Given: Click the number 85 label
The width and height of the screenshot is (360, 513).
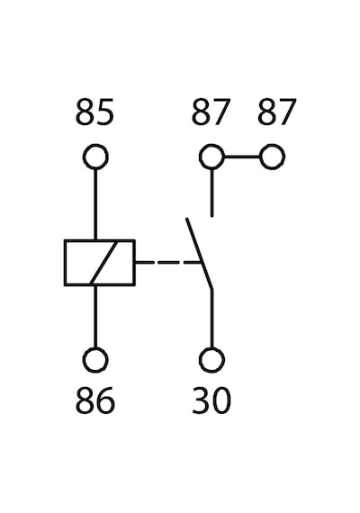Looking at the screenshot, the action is coord(94,112).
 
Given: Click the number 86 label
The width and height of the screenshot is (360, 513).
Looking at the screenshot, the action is coord(95,400).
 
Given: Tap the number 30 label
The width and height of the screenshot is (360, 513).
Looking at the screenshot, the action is coord(211,400).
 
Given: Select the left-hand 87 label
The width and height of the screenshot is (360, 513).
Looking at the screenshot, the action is coord(211,112).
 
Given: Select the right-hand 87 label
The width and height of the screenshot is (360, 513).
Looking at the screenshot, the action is coord(277,112).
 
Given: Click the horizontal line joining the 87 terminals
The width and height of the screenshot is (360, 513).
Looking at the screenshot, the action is coord(242,157).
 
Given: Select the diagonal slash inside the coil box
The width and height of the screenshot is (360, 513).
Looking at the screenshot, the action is coord(103,263).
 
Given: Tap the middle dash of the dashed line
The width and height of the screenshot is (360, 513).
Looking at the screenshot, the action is coord(168,263).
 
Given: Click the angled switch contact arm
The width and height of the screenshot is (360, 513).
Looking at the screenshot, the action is coord(199,254).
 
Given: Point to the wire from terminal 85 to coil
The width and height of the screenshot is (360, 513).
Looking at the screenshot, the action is coord(95,204).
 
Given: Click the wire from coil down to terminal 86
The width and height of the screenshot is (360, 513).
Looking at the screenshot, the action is coord(95,317).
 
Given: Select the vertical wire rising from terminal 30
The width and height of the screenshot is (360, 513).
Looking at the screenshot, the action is coord(212,319).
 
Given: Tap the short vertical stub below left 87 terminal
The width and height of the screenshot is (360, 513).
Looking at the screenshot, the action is coord(212,193).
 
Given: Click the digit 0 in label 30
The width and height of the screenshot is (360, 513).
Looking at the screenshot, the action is coord(222,400).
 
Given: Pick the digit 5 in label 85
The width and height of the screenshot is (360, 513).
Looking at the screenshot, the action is coord(105,112).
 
